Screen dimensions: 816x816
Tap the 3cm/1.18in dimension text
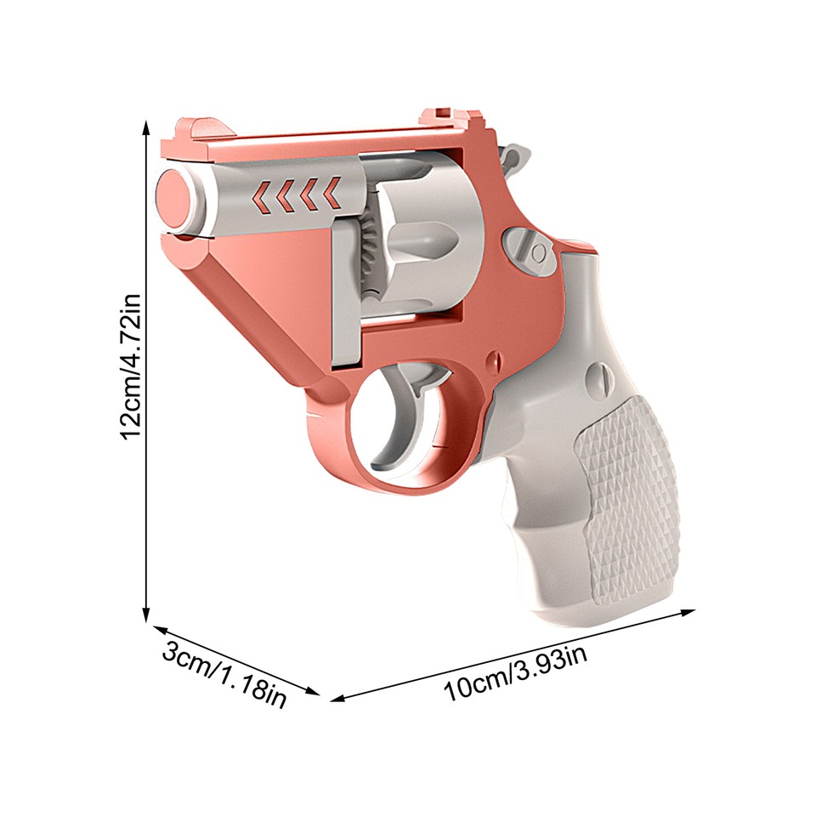click(224, 677)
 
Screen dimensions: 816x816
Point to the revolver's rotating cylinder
click(416, 246)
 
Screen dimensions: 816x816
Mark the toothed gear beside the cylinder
click(367, 255)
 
